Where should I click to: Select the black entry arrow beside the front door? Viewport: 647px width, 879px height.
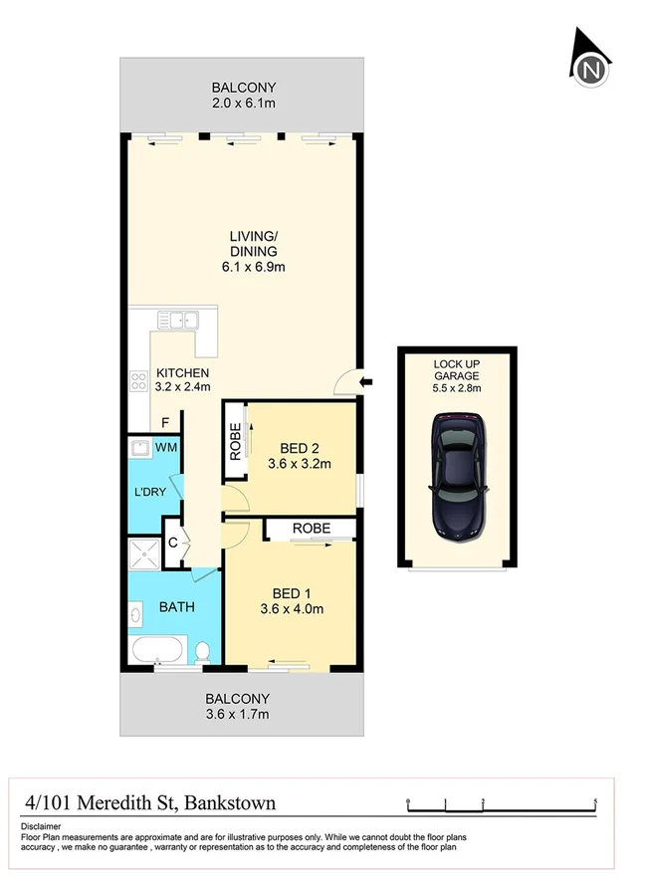pos(366,381)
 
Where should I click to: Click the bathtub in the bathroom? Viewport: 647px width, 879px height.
pos(157,652)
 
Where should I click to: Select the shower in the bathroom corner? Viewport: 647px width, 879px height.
pos(143,553)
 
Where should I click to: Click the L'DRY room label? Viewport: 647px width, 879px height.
pos(149,492)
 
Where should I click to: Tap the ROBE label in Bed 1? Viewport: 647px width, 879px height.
pos(310,529)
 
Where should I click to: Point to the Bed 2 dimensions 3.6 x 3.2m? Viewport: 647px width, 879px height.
pos(299,463)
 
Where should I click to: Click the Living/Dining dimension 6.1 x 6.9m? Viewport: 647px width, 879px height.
pos(253,268)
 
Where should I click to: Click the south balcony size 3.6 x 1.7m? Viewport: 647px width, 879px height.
pos(237,714)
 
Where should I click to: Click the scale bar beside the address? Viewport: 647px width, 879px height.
pos(501,802)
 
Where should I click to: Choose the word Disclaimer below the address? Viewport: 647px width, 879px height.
pos(41,826)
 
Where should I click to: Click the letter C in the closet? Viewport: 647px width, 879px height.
pos(172,543)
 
